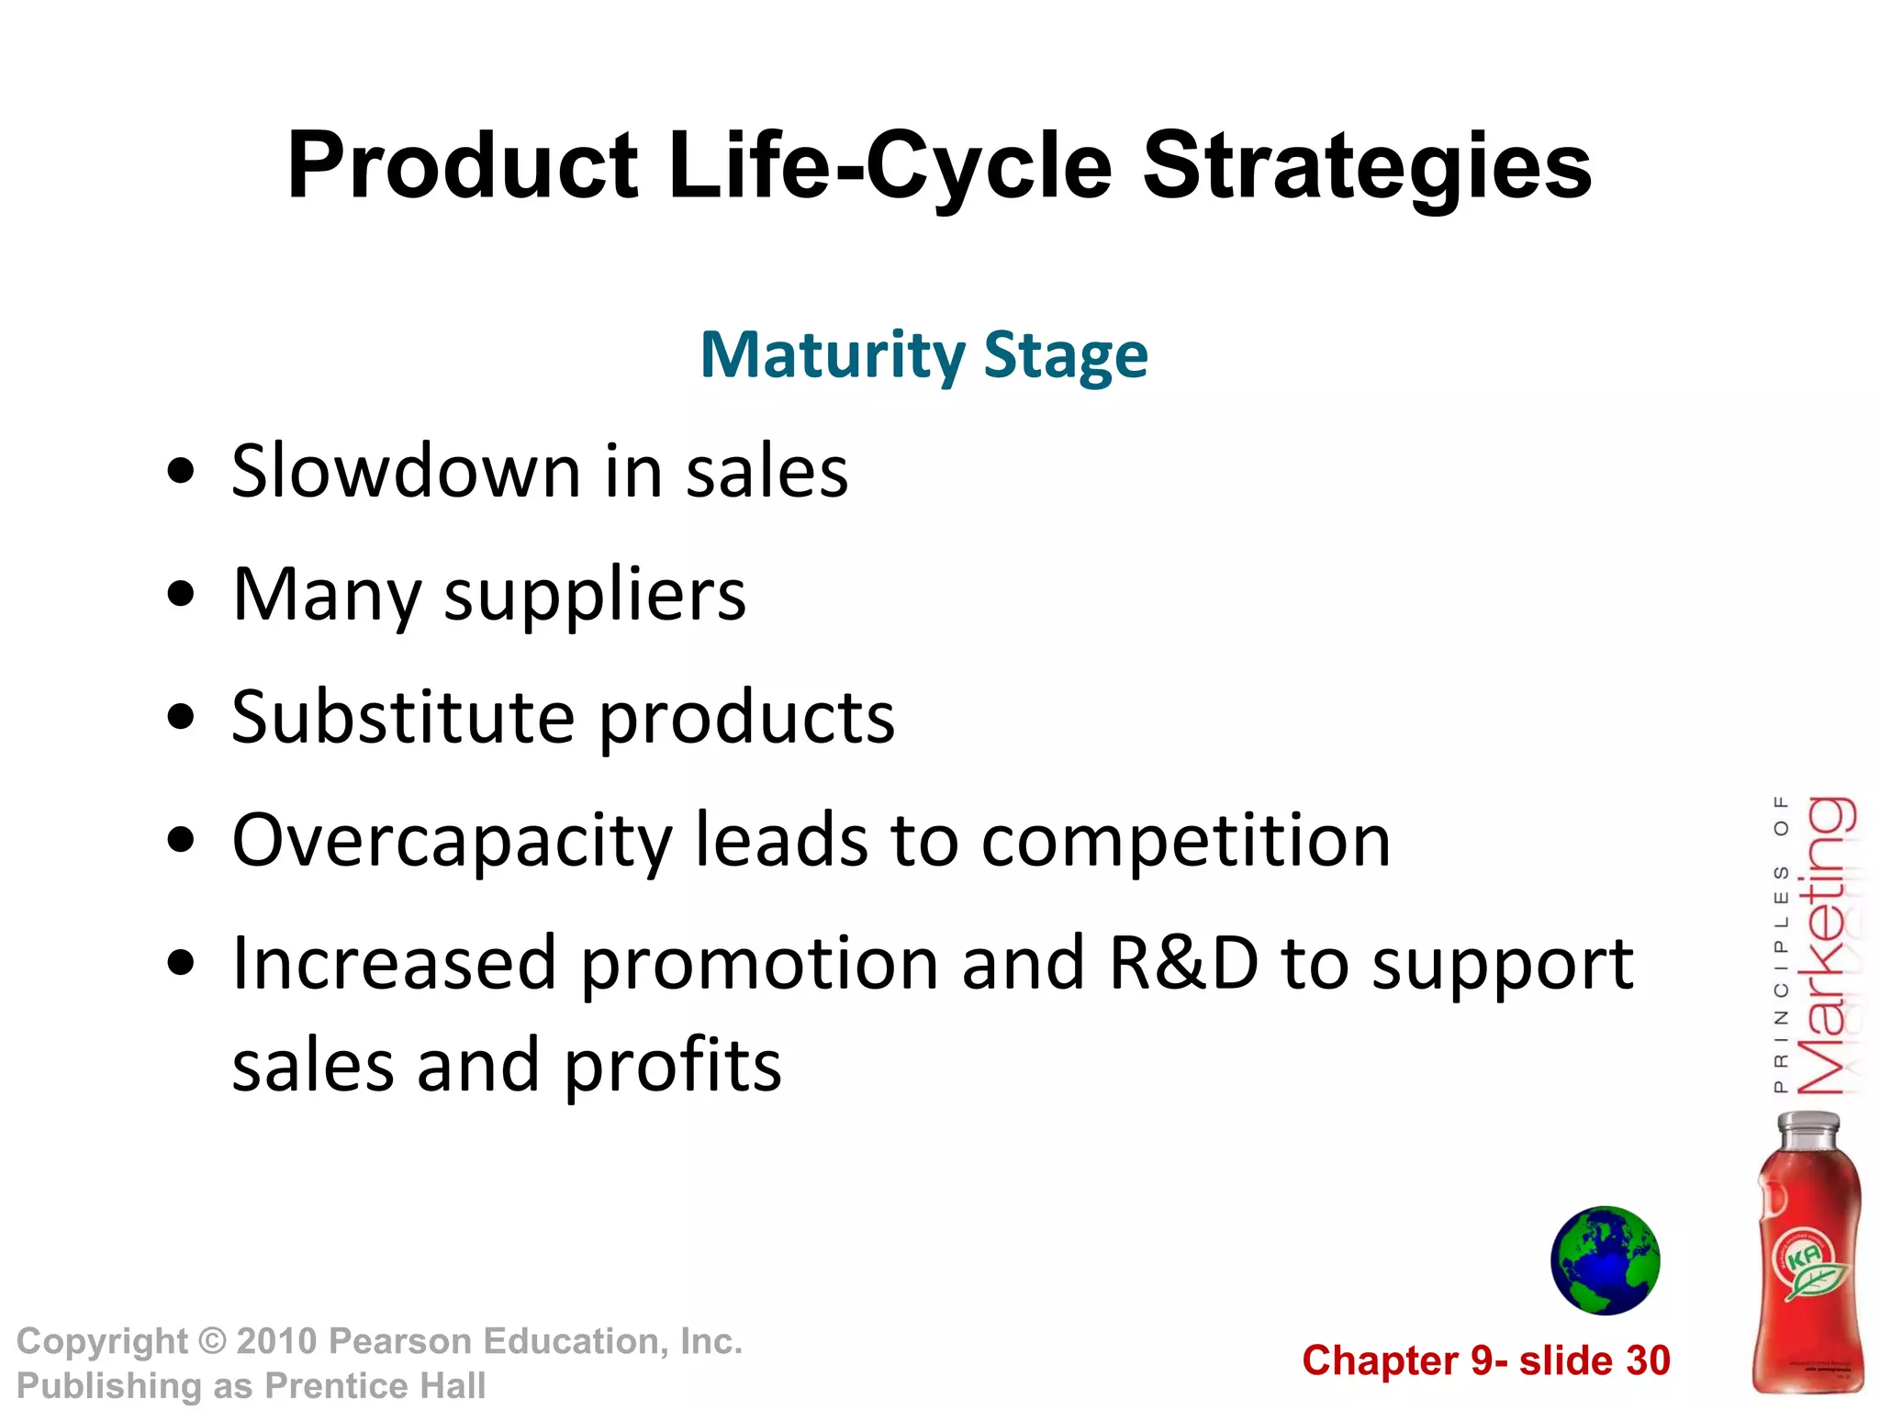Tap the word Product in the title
(x=462, y=167)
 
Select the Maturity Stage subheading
(x=923, y=355)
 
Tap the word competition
(x=1185, y=842)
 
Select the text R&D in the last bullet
(x=1182, y=964)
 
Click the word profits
(x=672, y=1067)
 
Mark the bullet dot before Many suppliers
(x=182, y=594)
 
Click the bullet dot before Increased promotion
(x=182, y=963)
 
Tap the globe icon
(x=1605, y=1260)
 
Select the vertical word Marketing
(x=1824, y=946)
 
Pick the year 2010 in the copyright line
(x=276, y=1341)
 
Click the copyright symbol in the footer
(x=212, y=1341)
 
